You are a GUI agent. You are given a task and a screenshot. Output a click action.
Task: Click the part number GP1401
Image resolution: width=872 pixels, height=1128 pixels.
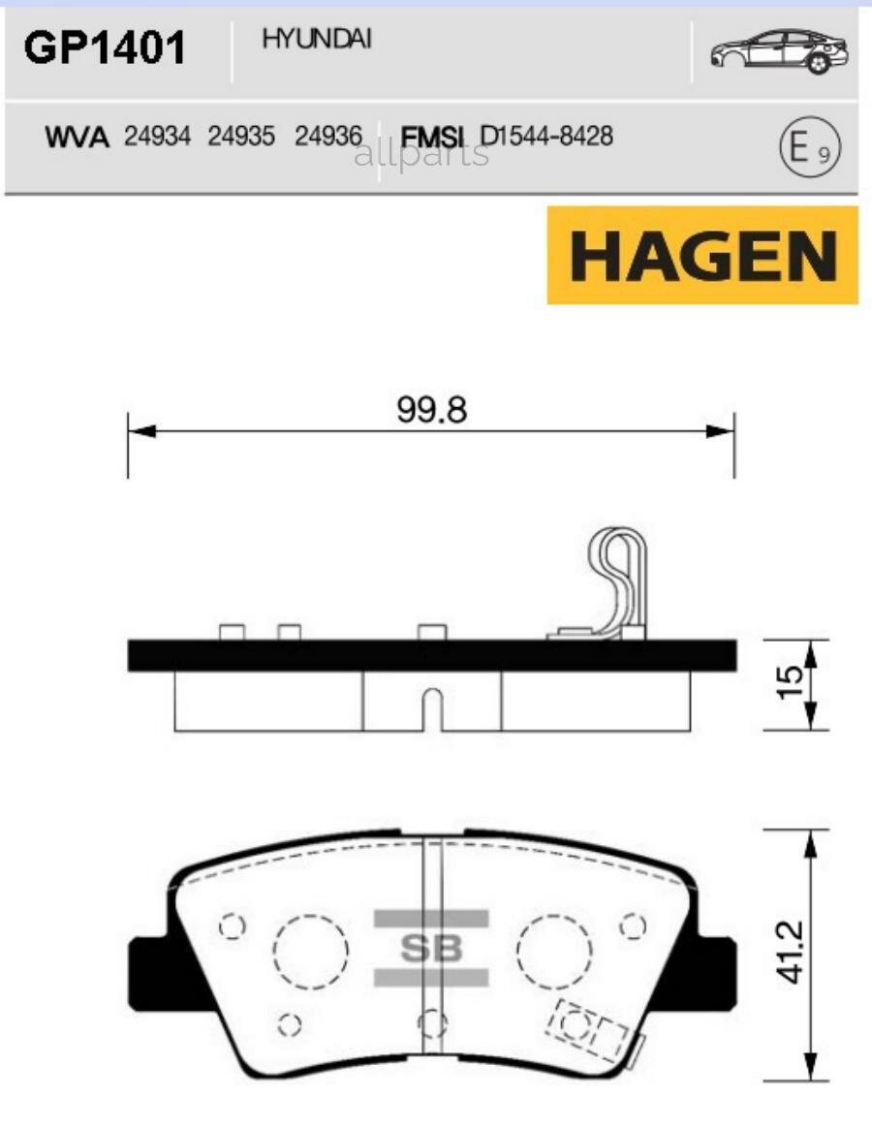point(104,48)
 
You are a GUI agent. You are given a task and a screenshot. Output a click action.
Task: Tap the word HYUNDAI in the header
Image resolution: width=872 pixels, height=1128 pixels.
point(316,40)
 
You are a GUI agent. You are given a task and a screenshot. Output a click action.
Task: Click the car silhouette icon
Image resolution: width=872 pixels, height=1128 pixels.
point(778,50)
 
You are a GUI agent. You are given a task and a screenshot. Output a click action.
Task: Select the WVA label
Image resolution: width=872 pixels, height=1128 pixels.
point(78,138)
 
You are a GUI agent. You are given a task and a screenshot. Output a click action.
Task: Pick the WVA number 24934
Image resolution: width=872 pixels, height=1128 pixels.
point(157,138)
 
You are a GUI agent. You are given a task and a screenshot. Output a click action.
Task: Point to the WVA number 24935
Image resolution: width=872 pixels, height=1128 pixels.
point(240,138)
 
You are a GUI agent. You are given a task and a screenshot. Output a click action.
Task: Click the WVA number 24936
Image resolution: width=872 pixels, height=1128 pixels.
point(327,138)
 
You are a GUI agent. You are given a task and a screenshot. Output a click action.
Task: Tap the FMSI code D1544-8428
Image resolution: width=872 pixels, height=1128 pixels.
point(546,137)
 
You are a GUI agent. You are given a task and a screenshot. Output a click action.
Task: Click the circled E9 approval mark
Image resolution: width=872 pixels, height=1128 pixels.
point(810,148)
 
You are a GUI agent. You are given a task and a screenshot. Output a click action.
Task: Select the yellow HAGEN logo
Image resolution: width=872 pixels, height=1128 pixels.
point(702,255)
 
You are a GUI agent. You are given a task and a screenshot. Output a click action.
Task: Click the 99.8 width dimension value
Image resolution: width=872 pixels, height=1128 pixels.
point(431,410)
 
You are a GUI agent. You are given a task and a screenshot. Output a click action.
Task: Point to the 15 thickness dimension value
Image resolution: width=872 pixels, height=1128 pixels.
point(791,684)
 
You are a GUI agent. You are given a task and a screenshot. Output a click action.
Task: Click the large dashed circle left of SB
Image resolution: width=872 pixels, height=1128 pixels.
point(309,951)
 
